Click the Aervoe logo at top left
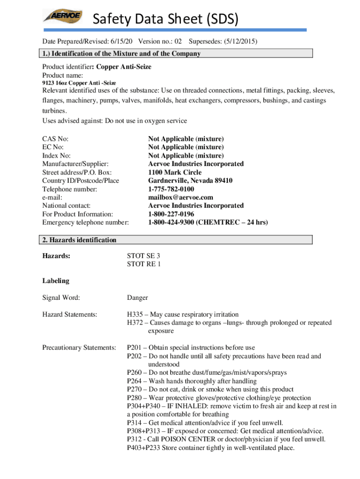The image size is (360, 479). pos(63,17)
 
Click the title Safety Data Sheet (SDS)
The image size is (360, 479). pos(166,19)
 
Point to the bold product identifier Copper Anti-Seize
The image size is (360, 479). pos(123,67)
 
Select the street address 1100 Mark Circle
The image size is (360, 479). pos(175,172)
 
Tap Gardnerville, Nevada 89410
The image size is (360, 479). pos(190,181)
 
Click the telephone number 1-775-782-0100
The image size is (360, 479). pos(171,189)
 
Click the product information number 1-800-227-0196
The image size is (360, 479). pos(171,214)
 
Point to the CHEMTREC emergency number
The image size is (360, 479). pos(208,222)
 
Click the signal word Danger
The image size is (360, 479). pos(137,298)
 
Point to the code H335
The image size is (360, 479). pos(136,314)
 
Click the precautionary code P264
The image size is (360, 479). pos(136,381)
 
